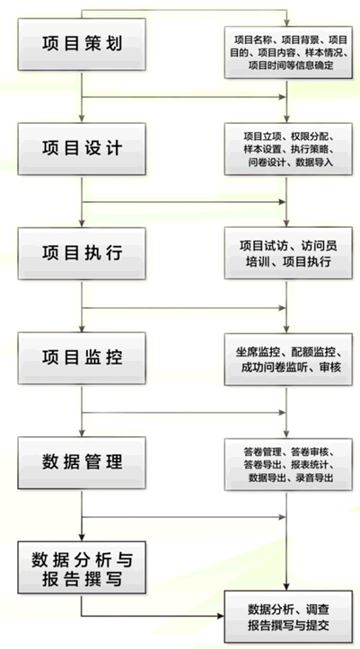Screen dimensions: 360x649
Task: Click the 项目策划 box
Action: [82, 44]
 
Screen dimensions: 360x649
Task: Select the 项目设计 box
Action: [82, 149]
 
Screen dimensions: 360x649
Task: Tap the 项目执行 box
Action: [82, 253]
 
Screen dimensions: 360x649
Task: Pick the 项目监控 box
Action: [82, 358]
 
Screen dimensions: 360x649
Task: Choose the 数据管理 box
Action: [82, 463]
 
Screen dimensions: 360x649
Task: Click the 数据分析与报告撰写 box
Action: [82, 567]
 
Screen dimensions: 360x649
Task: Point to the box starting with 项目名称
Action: [288, 53]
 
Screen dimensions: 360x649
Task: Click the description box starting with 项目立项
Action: [288, 149]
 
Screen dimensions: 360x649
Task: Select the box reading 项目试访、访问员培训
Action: [288, 253]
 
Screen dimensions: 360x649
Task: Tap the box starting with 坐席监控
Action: [288, 360]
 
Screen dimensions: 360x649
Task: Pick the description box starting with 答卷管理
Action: [288, 464]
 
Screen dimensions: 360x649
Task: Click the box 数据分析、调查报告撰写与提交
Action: [288, 617]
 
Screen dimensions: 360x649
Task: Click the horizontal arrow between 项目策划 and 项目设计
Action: [184, 97]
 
